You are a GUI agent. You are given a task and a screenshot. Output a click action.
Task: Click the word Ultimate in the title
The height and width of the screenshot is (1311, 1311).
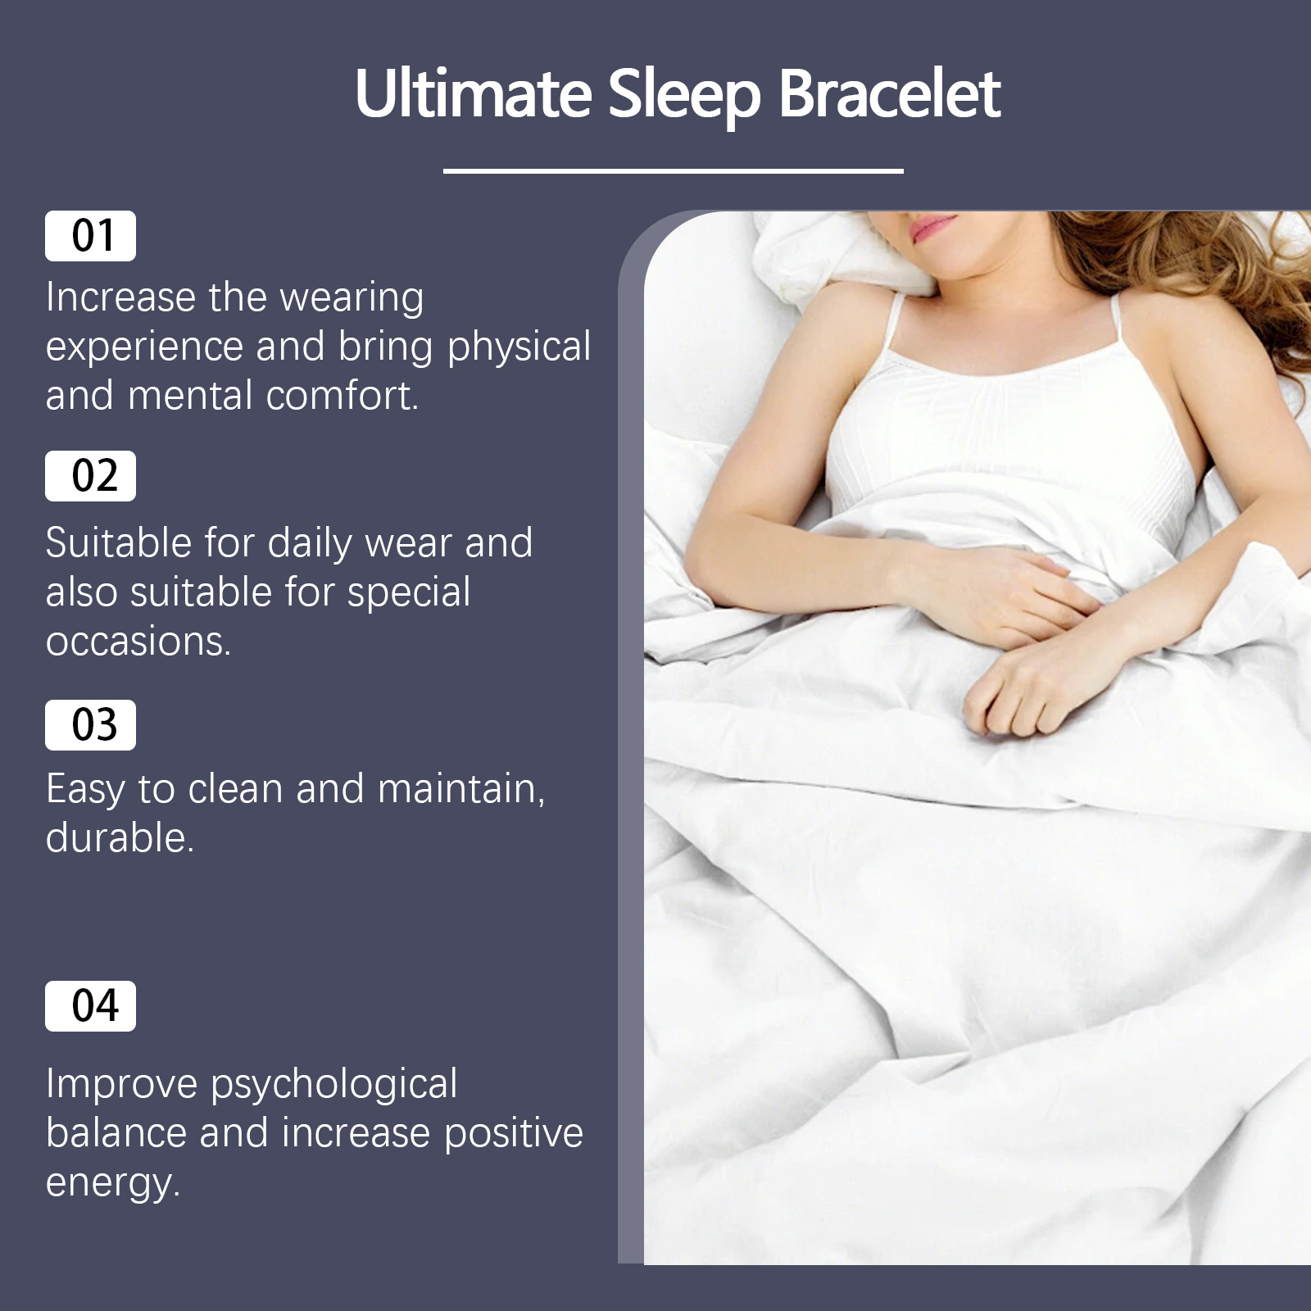pos(474,93)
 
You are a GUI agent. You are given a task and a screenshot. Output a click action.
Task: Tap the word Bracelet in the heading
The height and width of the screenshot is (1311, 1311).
pos(890,93)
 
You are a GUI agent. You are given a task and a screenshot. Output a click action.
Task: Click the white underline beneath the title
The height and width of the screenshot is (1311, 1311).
pos(674,170)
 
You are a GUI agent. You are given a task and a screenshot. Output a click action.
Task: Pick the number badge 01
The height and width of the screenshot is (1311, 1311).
pos(90,236)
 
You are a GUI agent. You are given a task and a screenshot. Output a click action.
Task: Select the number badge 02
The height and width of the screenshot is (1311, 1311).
pos(90,476)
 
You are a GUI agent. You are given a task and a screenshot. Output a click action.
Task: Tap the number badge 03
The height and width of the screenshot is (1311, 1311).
pos(90,725)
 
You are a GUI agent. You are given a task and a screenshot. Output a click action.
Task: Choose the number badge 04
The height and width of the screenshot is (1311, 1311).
pos(90,1006)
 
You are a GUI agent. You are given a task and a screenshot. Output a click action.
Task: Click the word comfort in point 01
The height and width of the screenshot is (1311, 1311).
pos(342,396)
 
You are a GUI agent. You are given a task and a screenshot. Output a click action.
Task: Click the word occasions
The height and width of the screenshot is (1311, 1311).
pos(138,642)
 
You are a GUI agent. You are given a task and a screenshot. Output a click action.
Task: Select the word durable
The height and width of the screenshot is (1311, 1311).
pos(120,838)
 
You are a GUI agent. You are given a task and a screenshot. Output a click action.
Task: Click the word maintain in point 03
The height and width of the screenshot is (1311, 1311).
pos(461,789)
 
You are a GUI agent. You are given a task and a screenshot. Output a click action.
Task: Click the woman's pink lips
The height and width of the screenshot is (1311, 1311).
pos(932,225)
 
